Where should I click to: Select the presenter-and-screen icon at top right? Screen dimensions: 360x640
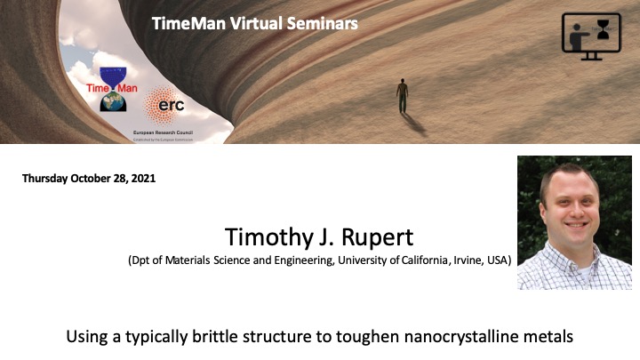click(x=590, y=36)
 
